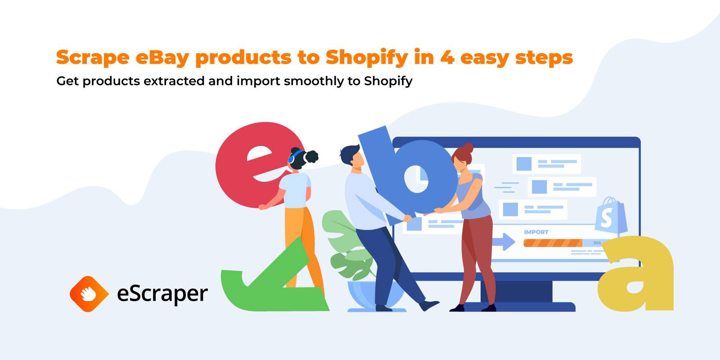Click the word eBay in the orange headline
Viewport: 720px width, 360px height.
(162, 58)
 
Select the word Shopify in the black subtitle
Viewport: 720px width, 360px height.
(388, 81)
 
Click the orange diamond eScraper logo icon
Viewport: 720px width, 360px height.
(89, 294)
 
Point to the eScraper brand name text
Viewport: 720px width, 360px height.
(162, 294)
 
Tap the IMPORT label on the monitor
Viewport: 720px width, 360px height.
(536, 232)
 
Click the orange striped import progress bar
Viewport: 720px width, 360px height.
(553, 243)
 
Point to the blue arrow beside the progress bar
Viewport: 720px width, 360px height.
(504, 242)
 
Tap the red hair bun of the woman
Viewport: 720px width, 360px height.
(468, 148)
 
